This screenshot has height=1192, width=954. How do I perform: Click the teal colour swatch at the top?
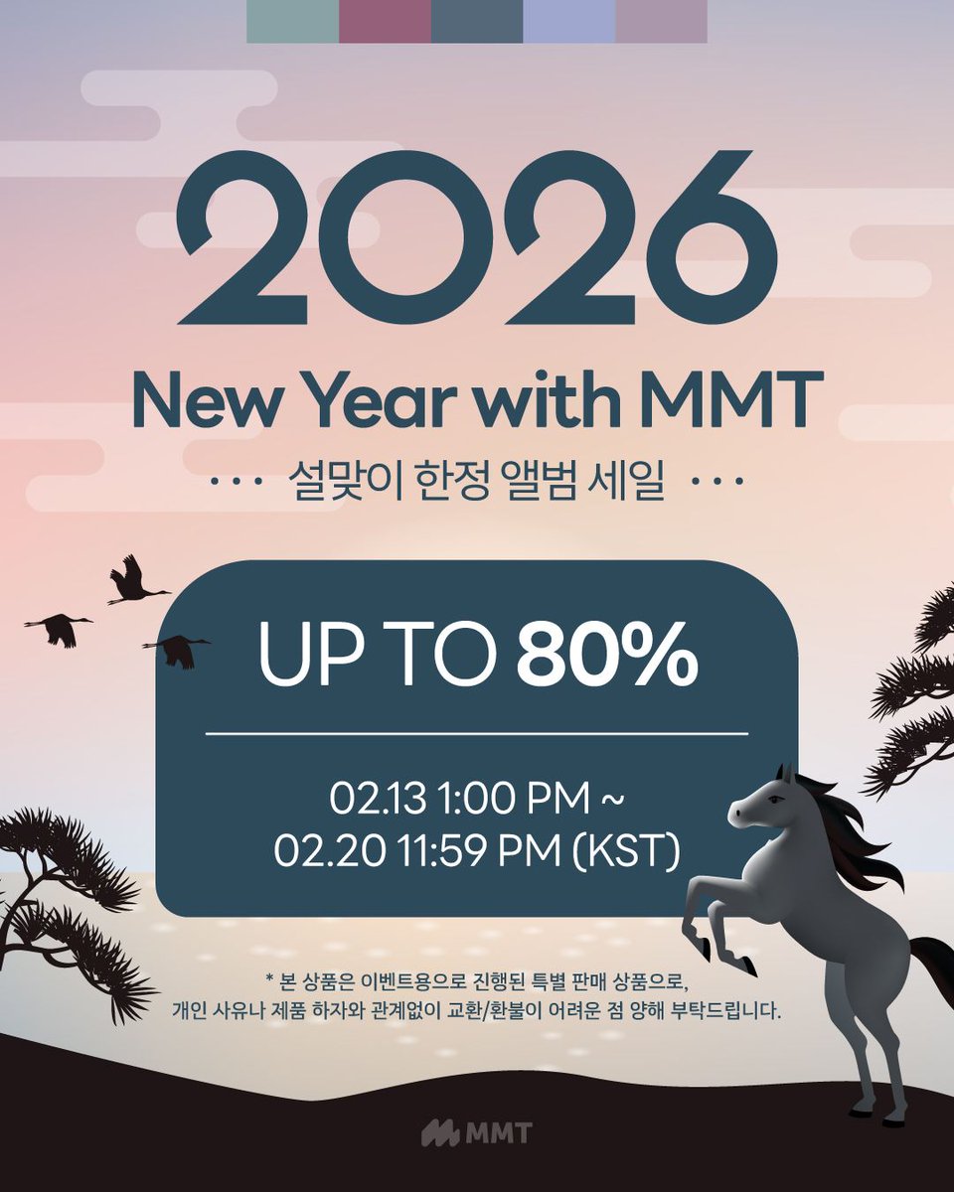tap(292, 21)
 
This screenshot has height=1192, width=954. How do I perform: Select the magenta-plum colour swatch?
tap(385, 21)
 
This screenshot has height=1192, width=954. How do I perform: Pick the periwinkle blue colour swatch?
tap(568, 21)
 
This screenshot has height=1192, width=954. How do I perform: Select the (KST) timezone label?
tap(636, 851)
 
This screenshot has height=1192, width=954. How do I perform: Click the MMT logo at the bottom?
tap(477, 1132)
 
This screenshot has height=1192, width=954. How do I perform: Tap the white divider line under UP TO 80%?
tap(477, 734)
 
